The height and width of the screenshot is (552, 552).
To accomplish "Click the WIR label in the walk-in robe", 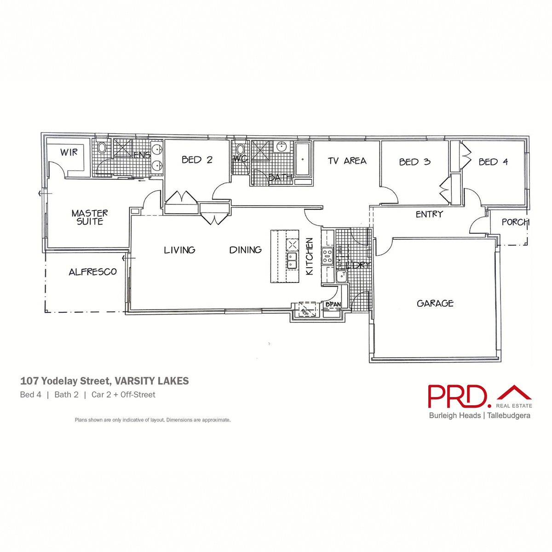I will [x=69, y=152].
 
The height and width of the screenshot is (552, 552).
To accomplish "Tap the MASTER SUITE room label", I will [x=90, y=217].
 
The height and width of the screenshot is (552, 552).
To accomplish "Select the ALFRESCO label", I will [x=92, y=272].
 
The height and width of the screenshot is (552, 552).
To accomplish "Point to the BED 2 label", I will [x=197, y=160].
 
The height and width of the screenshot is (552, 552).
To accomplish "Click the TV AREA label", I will [x=347, y=161].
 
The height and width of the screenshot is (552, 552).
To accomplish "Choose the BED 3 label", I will [x=414, y=162].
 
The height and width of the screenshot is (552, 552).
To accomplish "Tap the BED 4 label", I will [x=493, y=162].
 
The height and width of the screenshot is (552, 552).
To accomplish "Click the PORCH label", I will [x=515, y=222].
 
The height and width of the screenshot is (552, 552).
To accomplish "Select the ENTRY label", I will [x=429, y=214].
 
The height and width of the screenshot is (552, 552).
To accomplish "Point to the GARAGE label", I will [x=435, y=303].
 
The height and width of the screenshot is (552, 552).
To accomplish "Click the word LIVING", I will [x=179, y=250].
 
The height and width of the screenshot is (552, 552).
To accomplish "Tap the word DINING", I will [x=246, y=250].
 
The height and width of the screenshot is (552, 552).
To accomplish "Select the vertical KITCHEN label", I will [x=310, y=256].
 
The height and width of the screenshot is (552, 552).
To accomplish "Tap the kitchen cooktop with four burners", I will [x=327, y=255].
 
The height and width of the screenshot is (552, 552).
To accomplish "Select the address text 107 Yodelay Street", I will [x=64, y=381].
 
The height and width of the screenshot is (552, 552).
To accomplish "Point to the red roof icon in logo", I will [x=514, y=393].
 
